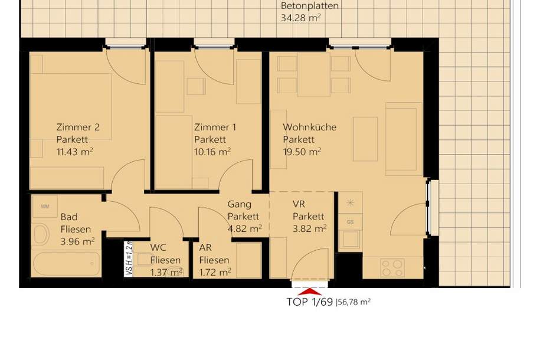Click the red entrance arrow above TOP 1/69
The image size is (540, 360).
click(310, 291)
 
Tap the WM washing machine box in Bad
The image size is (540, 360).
click(45, 207)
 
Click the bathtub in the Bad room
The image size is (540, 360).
click(66, 263)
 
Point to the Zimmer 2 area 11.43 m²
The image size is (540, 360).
click(74, 152)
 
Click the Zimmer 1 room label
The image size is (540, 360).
click(215, 127)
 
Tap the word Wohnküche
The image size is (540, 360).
click(309, 127)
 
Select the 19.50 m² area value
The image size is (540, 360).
click(302, 152)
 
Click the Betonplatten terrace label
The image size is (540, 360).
click(310, 6)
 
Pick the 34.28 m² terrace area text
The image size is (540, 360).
click(300, 18)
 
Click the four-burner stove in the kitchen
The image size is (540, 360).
click(392, 268)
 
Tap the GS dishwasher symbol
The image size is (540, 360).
click(351, 222)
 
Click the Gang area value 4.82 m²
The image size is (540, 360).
click(245, 228)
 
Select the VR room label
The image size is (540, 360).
click(298, 204)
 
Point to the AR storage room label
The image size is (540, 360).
click(205, 248)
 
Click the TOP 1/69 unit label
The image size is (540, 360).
click(309, 302)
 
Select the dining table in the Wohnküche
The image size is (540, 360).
click(314, 75)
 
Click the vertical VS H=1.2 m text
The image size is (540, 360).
click(129, 259)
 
